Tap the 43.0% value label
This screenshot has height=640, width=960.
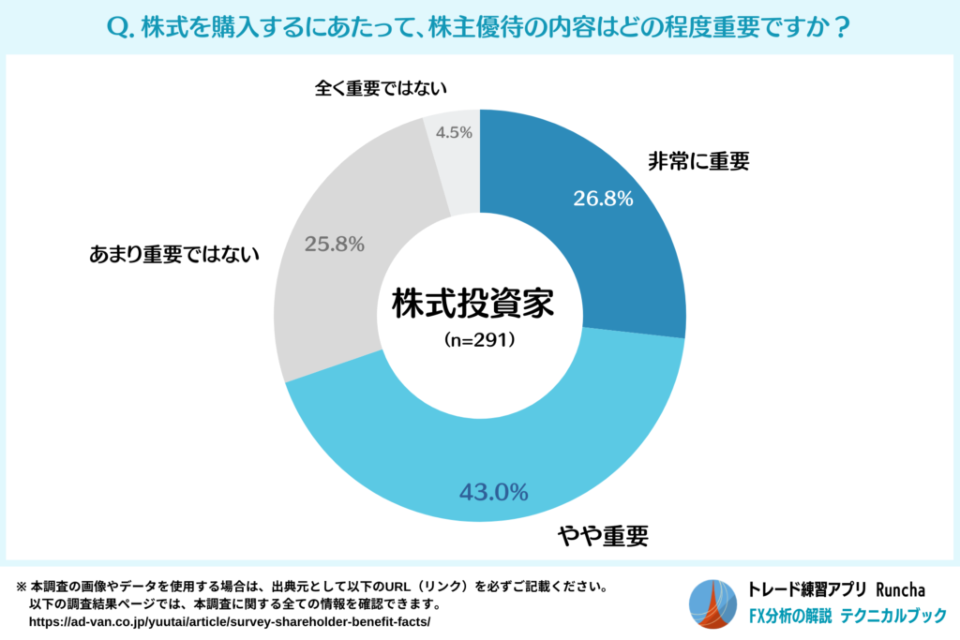pyautogui.click(x=493, y=491)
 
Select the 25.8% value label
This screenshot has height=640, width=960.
pyautogui.click(x=335, y=244)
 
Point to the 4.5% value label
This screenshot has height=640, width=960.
pyautogui.click(x=454, y=132)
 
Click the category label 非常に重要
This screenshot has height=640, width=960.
pyautogui.click(x=698, y=161)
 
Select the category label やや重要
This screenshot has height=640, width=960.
pyautogui.click(x=604, y=537)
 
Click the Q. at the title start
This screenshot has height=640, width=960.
pyautogui.click(x=125, y=28)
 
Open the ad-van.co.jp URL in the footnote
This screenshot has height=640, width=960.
pyautogui.click(x=230, y=621)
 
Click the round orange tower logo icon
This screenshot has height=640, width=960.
pyautogui.click(x=714, y=604)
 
